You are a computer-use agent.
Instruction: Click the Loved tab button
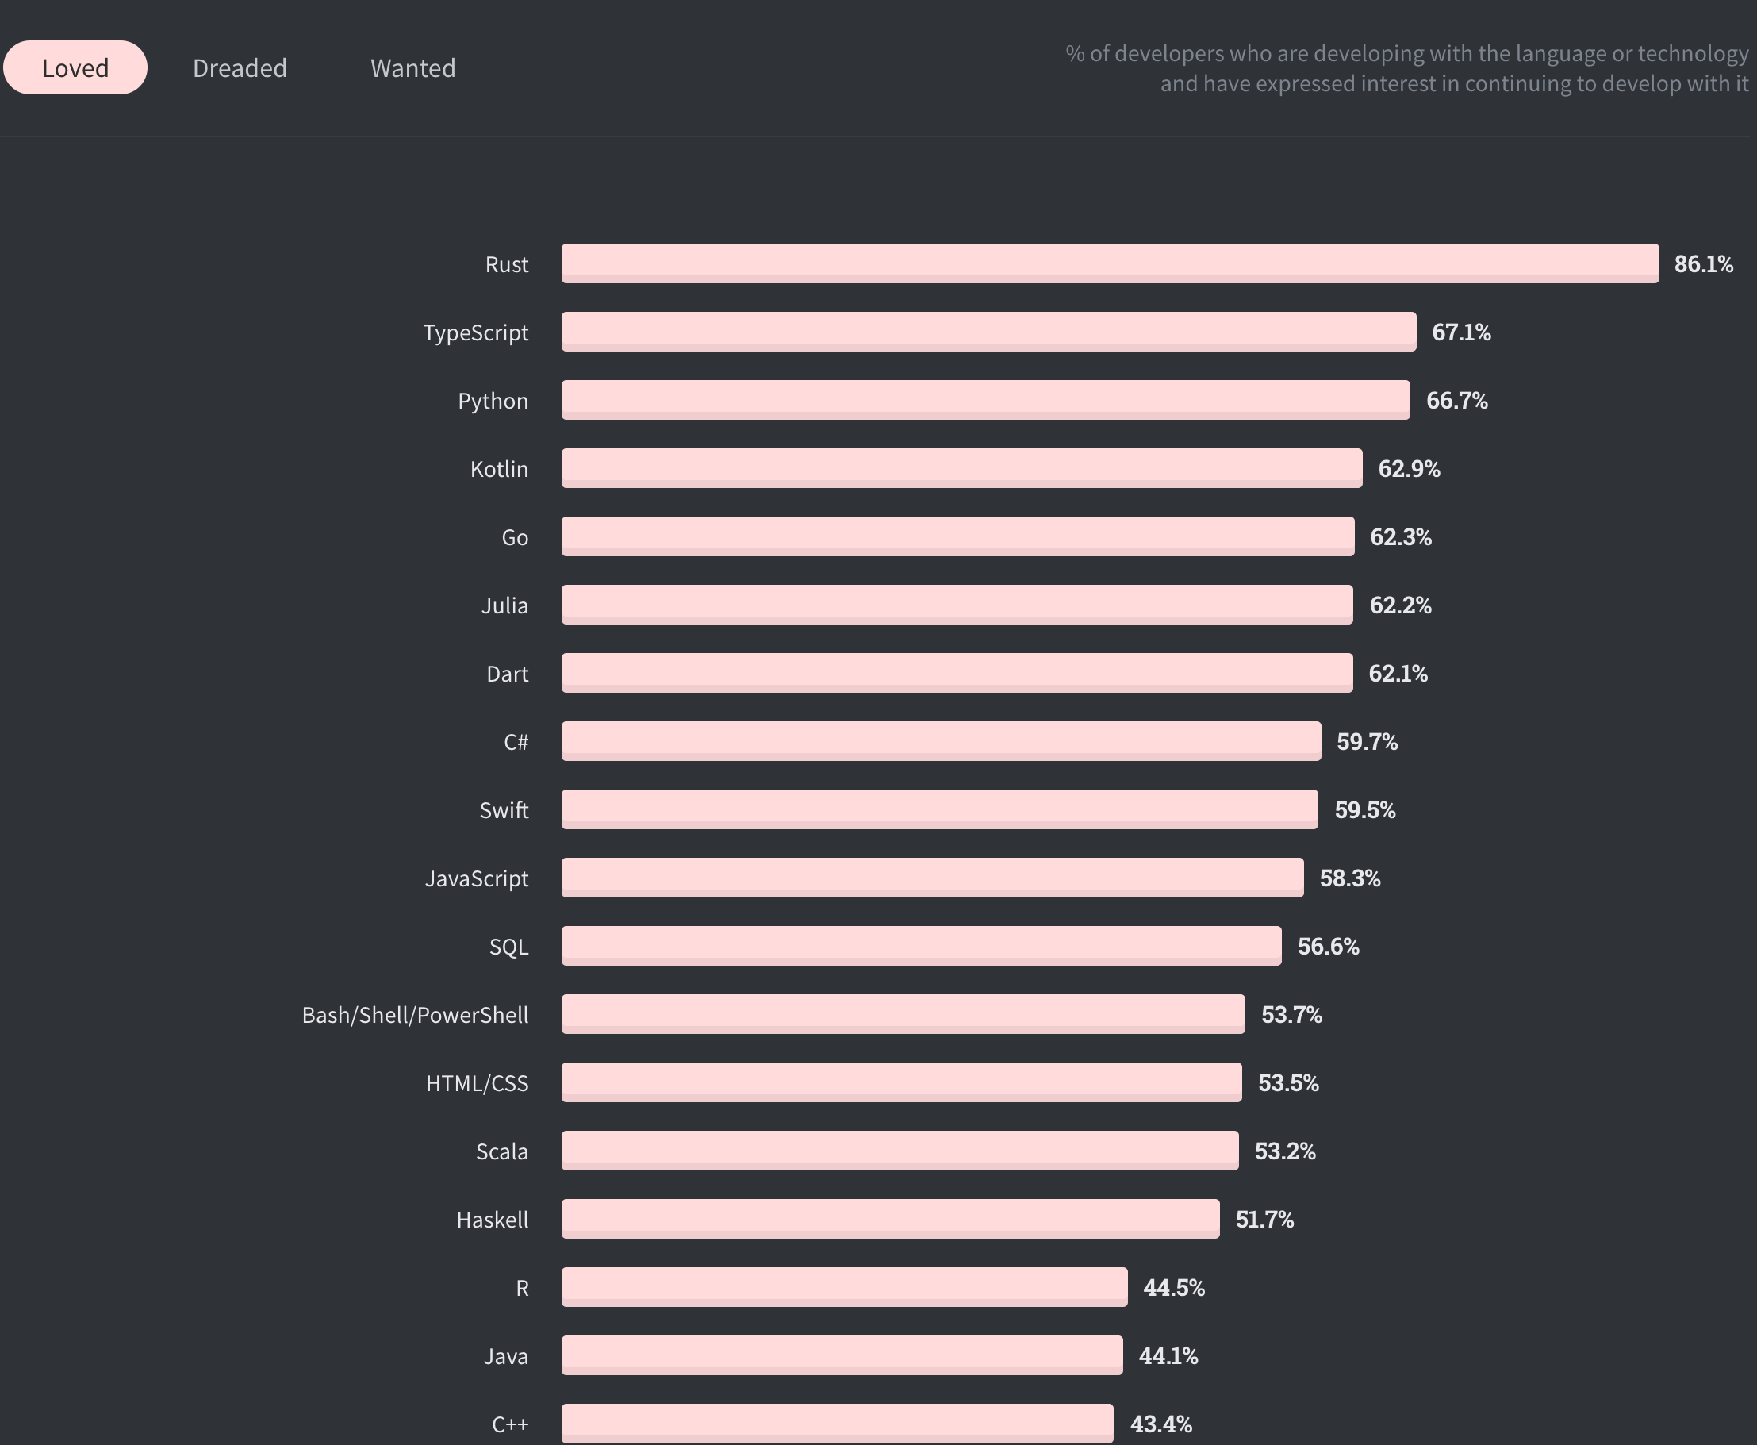point(75,67)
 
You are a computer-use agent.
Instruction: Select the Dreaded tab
point(240,68)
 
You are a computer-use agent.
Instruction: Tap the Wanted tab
point(412,68)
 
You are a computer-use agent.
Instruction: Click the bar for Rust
point(1110,263)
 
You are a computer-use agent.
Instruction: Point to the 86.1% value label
point(1703,264)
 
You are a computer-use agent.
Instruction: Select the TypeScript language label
point(475,332)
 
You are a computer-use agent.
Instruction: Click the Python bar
point(985,400)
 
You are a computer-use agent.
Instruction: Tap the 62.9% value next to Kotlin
point(1409,469)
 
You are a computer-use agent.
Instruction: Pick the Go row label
point(514,537)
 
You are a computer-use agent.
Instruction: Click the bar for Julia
point(957,605)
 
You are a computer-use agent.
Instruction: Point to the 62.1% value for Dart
point(1398,674)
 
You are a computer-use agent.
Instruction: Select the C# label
point(516,742)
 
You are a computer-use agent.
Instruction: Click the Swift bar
point(939,809)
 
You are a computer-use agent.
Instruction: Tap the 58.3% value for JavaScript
point(1349,878)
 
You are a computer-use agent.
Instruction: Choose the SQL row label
point(508,947)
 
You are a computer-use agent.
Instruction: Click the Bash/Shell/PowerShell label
point(414,1015)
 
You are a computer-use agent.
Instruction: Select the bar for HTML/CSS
point(901,1082)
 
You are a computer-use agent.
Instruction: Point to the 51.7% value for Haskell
point(1264,1220)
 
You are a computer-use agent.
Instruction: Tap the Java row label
point(506,1356)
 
